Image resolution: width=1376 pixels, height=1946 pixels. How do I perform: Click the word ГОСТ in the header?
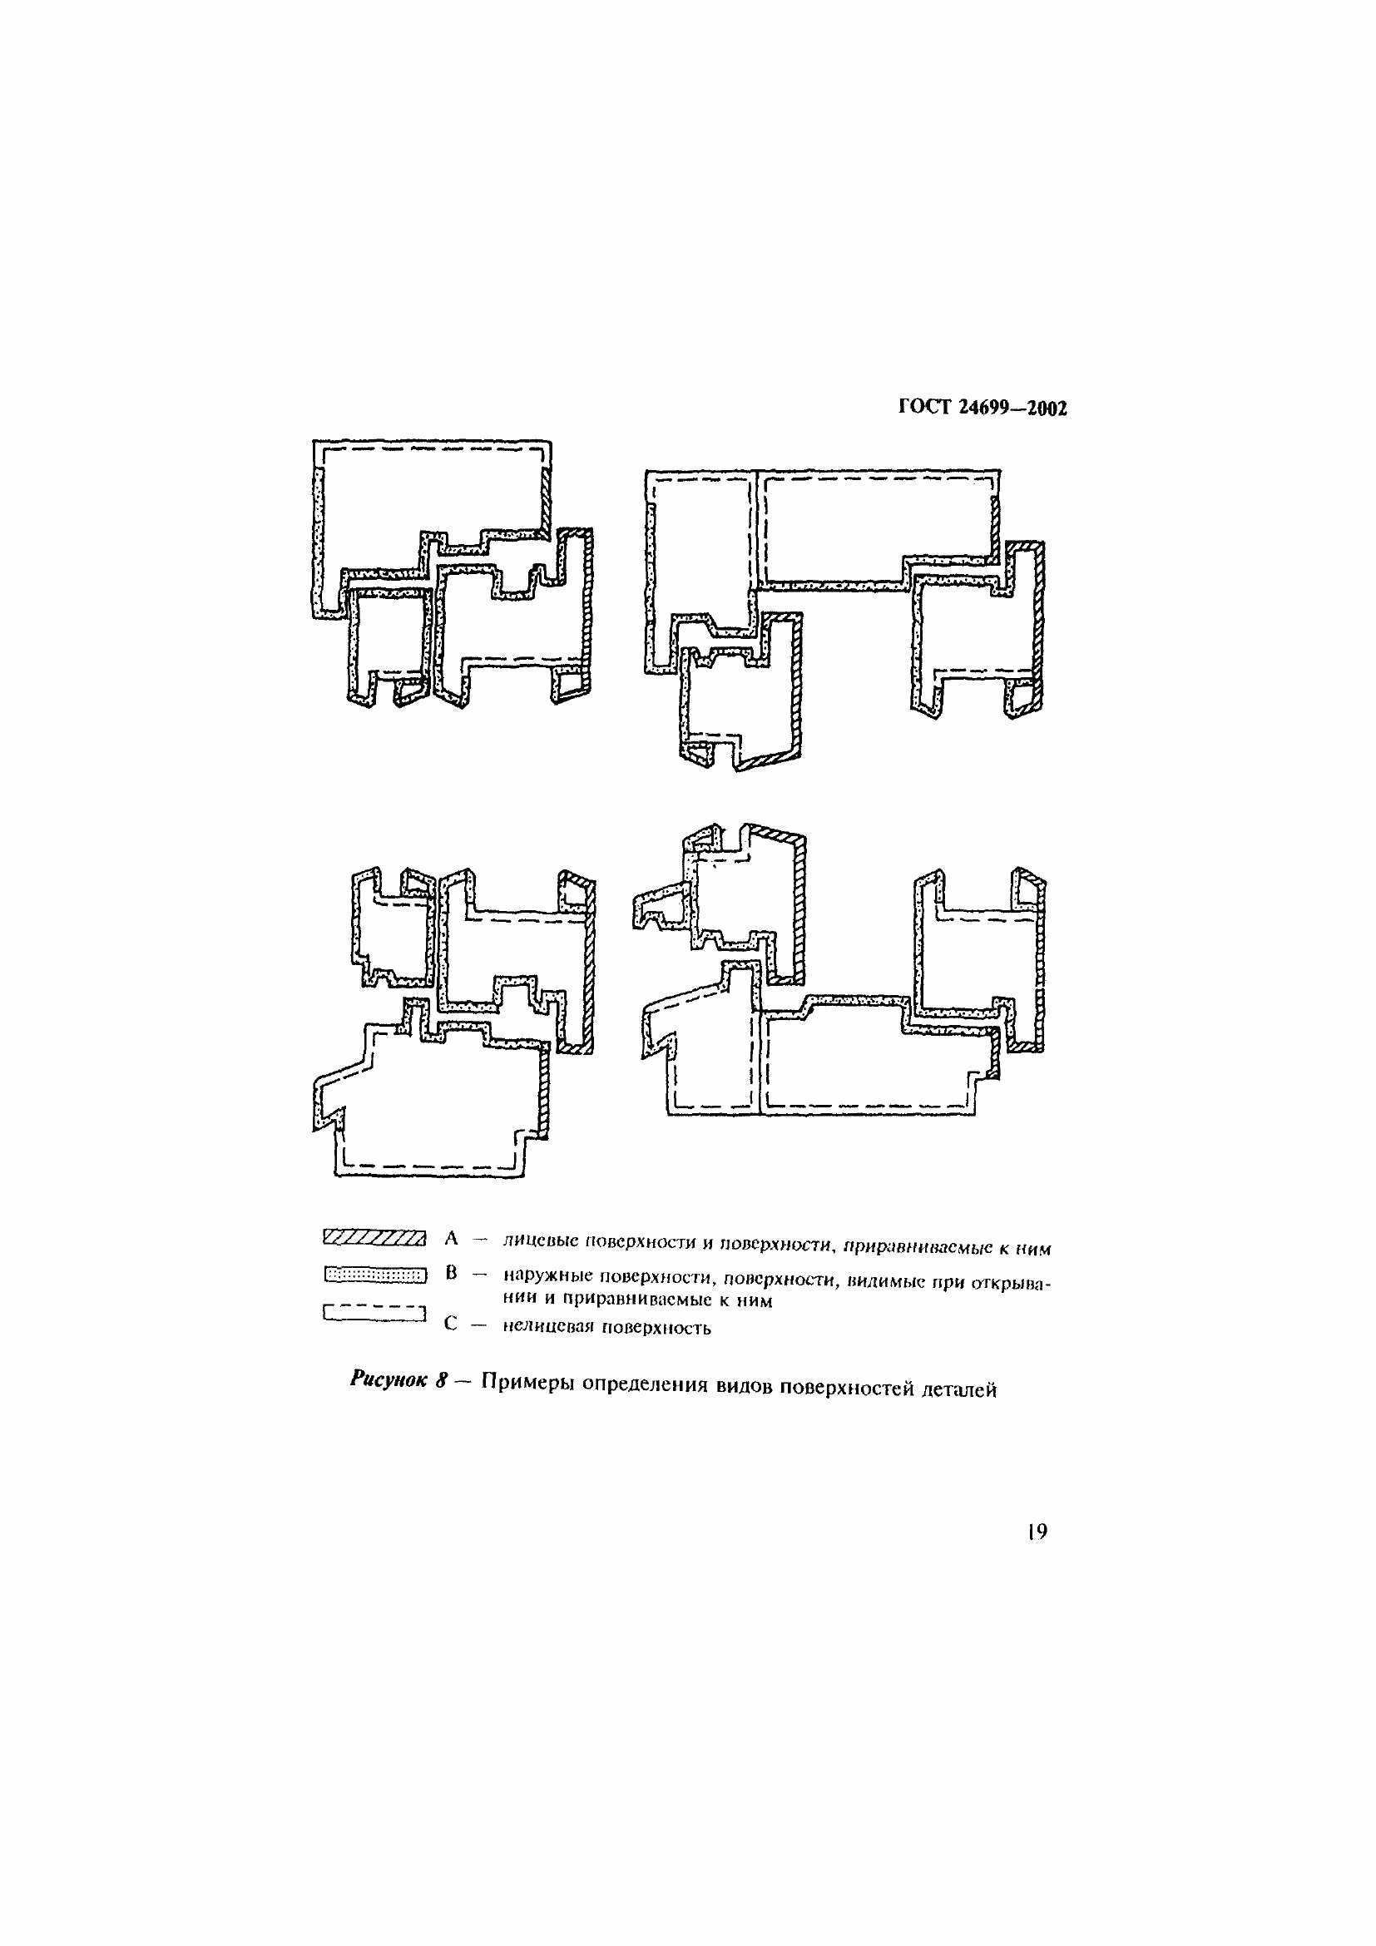click(925, 408)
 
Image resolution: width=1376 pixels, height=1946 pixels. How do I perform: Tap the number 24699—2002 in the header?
click(1013, 409)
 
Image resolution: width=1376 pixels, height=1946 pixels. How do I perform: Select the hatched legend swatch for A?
click(374, 1238)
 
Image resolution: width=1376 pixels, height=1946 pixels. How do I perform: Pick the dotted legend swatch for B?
click(375, 1275)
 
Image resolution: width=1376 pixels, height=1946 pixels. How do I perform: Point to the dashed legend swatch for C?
click(374, 1313)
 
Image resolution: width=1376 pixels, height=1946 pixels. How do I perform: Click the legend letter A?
click(451, 1239)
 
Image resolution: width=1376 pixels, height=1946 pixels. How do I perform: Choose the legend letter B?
click(451, 1273)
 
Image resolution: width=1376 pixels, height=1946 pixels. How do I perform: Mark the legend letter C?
click(451, 1324)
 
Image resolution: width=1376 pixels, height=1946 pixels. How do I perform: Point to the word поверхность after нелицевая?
click(656, 1328)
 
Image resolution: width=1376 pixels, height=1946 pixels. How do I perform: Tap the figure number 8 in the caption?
click(442, 1379)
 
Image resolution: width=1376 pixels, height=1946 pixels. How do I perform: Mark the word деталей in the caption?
click(959, 1390)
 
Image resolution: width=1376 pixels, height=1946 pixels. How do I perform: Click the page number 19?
click(1037, 1531)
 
